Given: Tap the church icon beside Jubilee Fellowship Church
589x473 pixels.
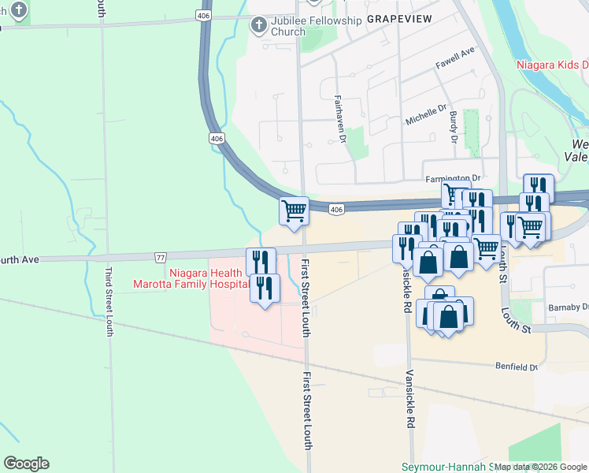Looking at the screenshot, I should pos(258,25).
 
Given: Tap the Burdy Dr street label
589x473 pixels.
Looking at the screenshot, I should pos(454,127).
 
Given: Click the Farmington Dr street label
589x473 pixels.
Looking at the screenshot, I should pos(452,179).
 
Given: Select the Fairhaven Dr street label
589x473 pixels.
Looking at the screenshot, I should pos(340,119).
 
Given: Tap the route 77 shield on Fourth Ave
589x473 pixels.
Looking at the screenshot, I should pos(161,257).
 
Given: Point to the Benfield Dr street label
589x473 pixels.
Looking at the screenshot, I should pos(516,367).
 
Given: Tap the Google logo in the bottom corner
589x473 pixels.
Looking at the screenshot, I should pos(26,463).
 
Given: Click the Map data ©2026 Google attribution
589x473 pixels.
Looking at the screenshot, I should pos(541,467).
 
